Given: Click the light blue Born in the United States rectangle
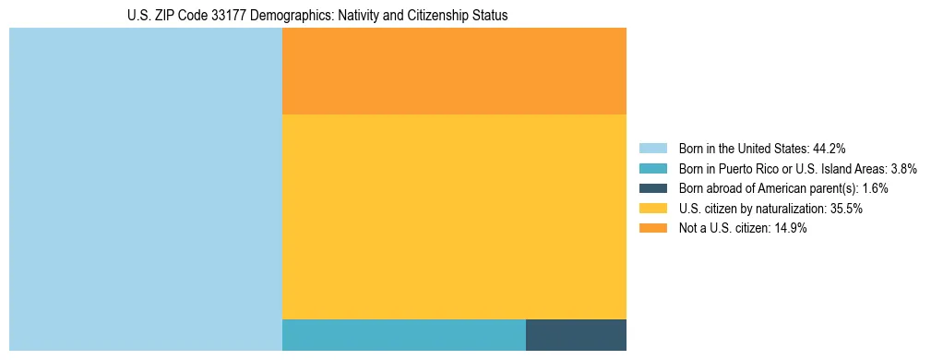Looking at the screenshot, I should pyautogui.click(x=145, y=189).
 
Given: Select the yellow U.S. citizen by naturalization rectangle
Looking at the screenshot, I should pyautogui.click(x=454, y=217).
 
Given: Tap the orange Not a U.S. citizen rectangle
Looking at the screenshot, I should pyautogui.click(x=454, y=71).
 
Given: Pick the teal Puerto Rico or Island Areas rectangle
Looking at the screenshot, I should pyautogui.click(x=403, y=335).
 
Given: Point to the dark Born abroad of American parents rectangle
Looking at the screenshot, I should pyautogui.click(x=576, y=335).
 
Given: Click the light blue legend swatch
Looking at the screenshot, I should pyautogui.click(x=652, y=148).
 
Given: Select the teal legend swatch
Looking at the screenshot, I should pyautogui.click(x=652, y=168).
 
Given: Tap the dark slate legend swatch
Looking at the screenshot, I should pyautogui.click(x=652, y=188).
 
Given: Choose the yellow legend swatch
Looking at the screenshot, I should pyautogui.click(x=652, y=209).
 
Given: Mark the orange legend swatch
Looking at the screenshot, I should pyautogui.click(x=652, y=228).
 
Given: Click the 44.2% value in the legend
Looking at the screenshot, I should pyautogui.click(x=830, y=148).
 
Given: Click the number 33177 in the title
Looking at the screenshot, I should pyautogui.click(x=221, y=16).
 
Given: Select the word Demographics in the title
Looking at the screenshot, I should pyautogui.click(x=281, y=16).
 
